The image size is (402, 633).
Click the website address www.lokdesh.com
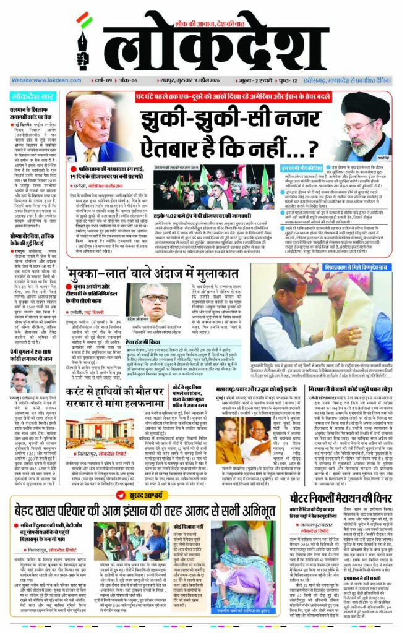click(47, 80)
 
